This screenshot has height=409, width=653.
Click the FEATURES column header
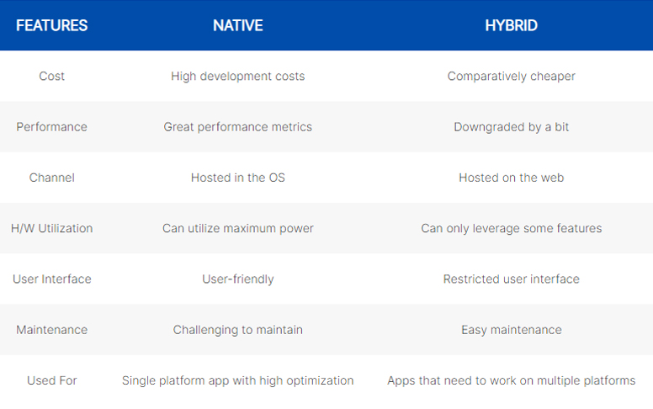coord(51,25)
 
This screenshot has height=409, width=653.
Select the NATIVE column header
coord(238,25)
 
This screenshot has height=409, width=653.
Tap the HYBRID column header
coord(511,25)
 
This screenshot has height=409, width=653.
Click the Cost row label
coord(51,77)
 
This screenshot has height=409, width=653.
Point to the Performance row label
coord(51,127)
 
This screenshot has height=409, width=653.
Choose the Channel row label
coord(51,178)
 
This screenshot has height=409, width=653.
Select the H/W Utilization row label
coord(51,228)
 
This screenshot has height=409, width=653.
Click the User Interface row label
coord(51,279)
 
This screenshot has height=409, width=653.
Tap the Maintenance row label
coord(51,330)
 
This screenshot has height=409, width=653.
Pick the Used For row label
coord(51,380)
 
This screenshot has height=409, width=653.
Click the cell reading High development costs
coord(238,77)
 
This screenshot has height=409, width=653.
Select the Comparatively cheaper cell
coord(511,77)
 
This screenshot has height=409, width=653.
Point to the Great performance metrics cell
coord(238,127)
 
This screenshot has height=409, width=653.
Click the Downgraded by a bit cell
coord(511,127)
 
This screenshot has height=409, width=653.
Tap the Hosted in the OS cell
coord(238,178)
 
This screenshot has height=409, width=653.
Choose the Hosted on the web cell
coord(511,178)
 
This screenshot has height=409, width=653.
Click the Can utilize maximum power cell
coord(238,229)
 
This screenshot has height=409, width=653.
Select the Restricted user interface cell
coord(511,279)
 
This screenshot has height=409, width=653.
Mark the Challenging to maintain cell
coord(238,330)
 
